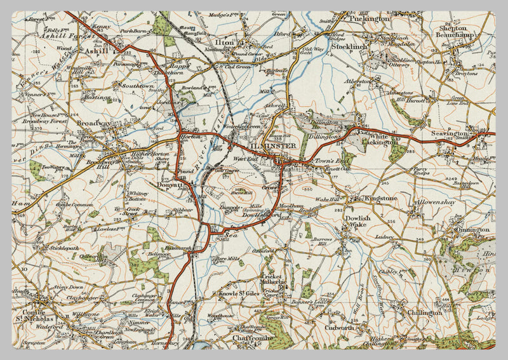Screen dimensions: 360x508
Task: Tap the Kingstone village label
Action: coord(380,199)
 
